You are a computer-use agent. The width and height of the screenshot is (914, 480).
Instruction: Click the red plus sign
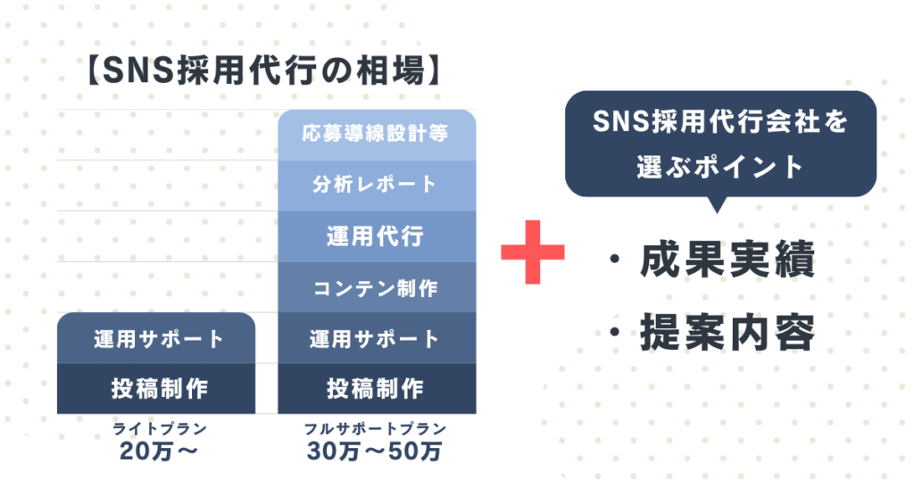point(533,251)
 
